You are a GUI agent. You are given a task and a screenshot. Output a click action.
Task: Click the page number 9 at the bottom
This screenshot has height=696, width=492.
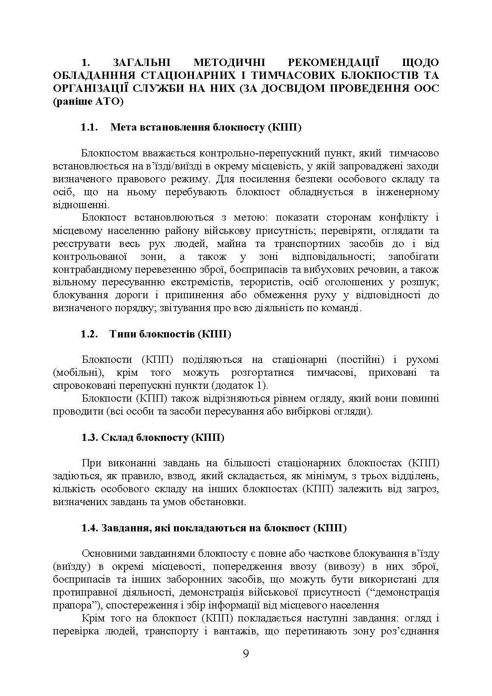pos(246,654)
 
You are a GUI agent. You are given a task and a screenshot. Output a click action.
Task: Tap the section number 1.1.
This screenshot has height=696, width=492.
pos(90,128)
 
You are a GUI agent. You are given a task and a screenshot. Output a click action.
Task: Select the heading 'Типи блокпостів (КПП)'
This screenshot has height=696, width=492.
pos(171,334)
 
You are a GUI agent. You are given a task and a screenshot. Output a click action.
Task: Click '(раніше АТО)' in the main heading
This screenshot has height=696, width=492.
pos(88,102)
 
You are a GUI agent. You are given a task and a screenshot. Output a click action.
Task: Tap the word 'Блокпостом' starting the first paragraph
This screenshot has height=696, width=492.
pos(110,153)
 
